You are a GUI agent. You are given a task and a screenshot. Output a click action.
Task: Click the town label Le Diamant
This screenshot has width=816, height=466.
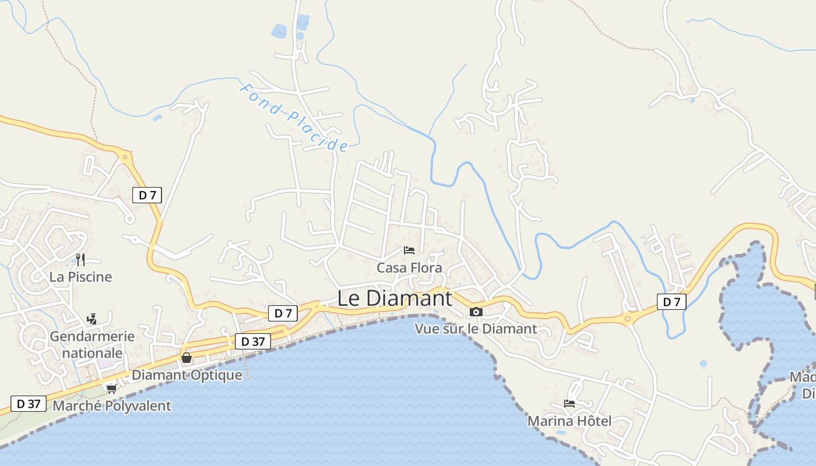395,298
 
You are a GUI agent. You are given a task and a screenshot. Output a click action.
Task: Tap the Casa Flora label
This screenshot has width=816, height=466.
409,268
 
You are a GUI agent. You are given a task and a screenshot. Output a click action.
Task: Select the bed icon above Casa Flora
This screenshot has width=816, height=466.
409,250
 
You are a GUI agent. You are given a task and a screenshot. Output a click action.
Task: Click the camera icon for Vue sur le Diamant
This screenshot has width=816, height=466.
476,312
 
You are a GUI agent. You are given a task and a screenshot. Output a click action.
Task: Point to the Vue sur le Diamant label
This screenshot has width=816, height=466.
476,329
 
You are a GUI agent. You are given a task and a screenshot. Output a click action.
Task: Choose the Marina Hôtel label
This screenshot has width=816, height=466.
569,421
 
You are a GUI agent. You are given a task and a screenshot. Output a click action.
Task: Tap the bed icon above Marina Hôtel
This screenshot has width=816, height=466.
569,403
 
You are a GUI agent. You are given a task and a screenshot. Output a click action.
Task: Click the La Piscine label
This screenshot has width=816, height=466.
80,277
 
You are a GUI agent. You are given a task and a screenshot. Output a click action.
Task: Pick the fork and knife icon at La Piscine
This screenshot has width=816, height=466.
80,260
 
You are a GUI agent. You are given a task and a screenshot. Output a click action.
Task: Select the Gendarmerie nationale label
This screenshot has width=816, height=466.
92,345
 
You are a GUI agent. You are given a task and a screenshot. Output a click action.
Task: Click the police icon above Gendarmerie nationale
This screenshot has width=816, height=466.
91,319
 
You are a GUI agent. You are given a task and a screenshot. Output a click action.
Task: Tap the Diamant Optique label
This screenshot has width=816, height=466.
187,375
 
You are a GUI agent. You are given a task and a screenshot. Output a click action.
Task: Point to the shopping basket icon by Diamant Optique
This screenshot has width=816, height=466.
186,358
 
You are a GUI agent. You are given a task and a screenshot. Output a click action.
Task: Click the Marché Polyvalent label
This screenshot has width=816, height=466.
112,406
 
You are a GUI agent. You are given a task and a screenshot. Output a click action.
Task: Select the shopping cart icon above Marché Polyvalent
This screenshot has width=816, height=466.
111,389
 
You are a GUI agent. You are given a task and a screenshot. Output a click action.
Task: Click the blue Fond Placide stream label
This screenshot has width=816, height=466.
294,117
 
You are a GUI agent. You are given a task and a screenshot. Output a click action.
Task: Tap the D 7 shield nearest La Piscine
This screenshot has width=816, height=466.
147,195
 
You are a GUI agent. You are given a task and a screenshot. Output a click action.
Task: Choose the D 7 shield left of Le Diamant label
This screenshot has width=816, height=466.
283,313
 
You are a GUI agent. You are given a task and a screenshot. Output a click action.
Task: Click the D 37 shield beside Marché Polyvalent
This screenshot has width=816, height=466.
29,403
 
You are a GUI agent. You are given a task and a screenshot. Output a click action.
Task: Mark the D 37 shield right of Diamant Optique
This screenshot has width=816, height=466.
253,341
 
